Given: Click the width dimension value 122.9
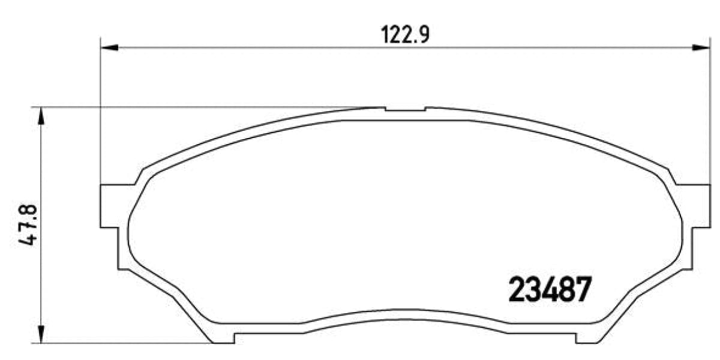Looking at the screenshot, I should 406,35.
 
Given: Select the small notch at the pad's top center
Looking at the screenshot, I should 405,110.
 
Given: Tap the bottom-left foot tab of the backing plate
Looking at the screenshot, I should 224,339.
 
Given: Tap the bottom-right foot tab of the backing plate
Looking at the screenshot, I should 586,339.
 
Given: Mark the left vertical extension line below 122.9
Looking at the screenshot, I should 100,120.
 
